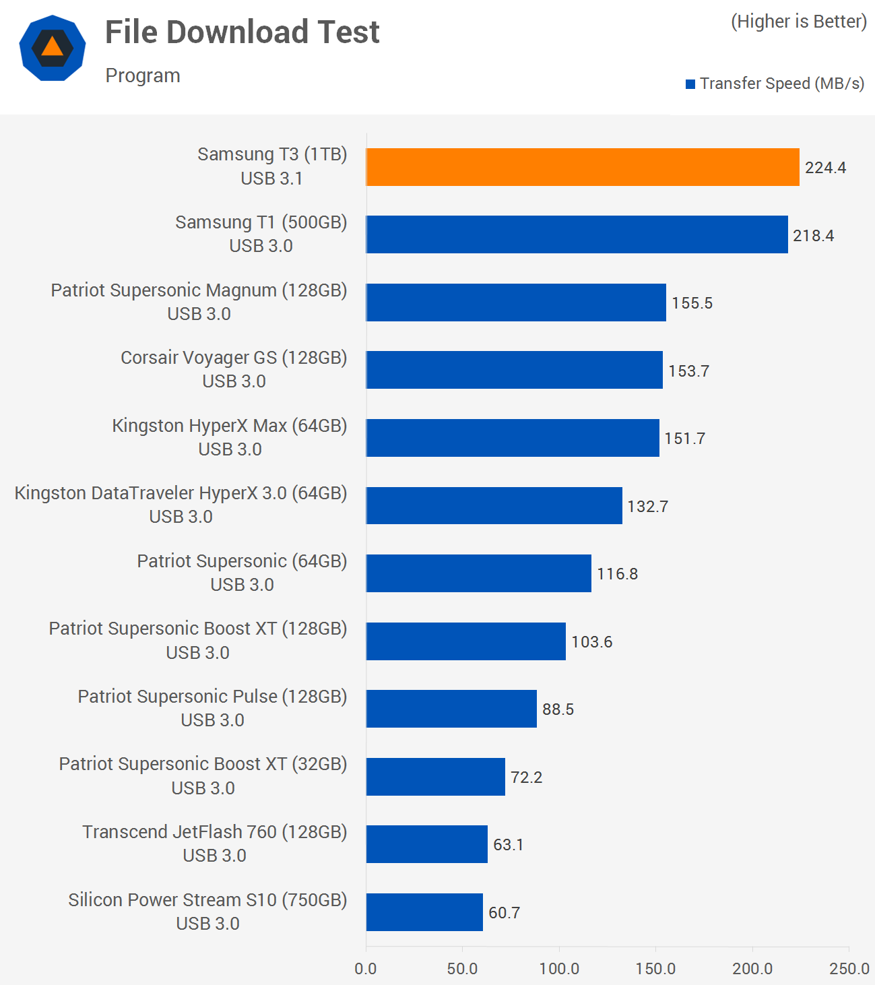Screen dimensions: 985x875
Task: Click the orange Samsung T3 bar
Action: click(x=583, y=167)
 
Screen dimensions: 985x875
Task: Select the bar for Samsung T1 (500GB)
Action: click(x=577, y=234)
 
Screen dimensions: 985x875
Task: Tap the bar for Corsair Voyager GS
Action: click(x=514, y=370)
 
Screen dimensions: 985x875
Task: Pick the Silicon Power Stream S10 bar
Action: click(x=424, y=912)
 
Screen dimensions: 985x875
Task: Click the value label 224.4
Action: click(x=825, y=168)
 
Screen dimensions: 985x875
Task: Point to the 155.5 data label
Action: click(x=692, y=303)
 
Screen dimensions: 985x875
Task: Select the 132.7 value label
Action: click(x=647, y=507)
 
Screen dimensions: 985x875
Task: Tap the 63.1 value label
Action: click(x=508, y=845)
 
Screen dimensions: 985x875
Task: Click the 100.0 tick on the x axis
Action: click(x=559, y=969)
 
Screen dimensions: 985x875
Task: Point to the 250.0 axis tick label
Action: click(x=849, y=969)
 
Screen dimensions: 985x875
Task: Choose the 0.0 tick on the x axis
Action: click(x=366, y=969)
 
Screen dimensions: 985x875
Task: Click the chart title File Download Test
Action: click(x=242, y=32)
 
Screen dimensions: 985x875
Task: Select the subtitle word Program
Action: click(x=143, y=75)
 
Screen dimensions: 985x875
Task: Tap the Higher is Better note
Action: click(x=799, y=22)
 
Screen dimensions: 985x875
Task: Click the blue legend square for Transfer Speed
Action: click(x=690, y=84)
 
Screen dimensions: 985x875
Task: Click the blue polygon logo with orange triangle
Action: click(x=53, y=48)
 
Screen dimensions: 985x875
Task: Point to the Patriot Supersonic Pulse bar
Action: click(x=451, y=709)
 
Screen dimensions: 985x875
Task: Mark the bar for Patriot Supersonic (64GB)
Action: click(x=478, y=573)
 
